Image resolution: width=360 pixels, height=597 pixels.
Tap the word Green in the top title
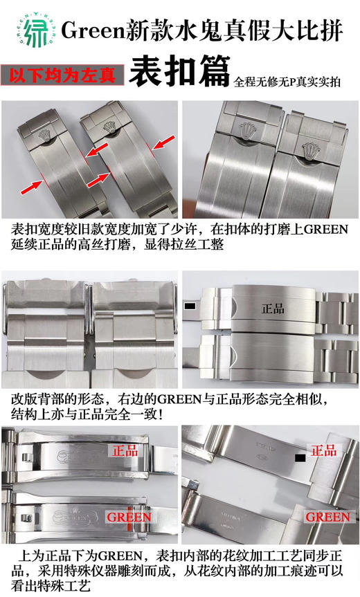(88, 30)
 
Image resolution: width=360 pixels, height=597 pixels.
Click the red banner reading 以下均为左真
(63, 75)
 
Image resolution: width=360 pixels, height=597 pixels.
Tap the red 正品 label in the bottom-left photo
(123, 451)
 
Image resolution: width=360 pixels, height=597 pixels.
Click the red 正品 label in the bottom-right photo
(324, 451)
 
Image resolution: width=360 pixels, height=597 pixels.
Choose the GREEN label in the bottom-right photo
(327, 516)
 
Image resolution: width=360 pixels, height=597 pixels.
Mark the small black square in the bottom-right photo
(300, 457)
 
